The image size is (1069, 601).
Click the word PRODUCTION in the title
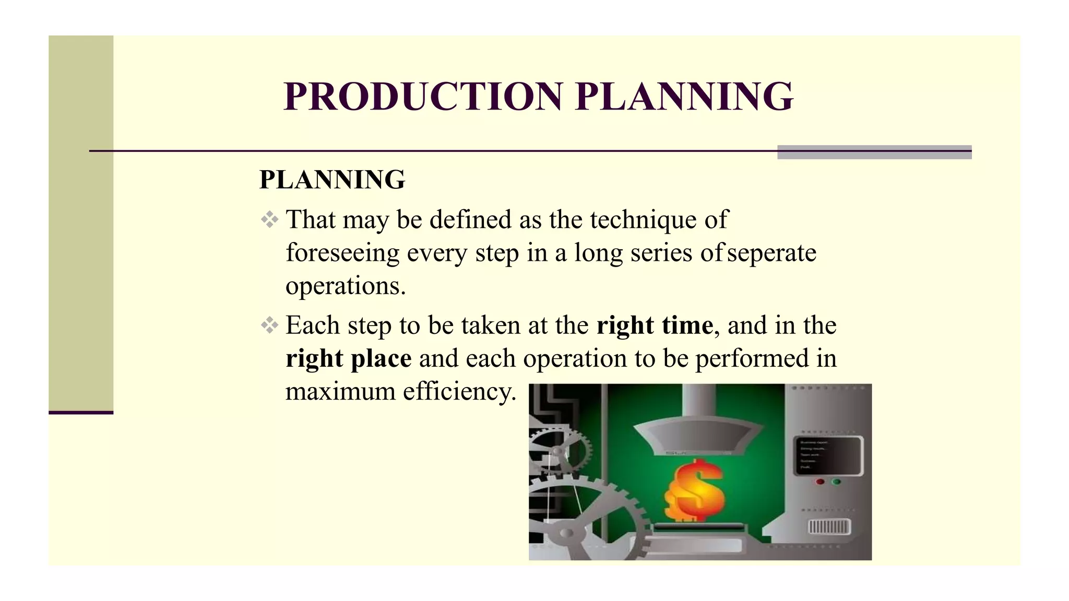click(423, 97)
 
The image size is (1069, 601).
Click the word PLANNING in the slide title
click(684, 97)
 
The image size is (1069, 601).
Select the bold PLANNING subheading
click(332, 180)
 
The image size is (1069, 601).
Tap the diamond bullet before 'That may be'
click(269, 220)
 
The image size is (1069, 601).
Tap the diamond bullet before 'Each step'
click(269, 326)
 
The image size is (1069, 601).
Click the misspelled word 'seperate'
click(772, 254)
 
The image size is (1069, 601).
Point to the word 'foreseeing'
click(342, 254)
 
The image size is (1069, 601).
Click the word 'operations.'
click(346, 286)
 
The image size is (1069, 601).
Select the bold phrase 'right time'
click(655, 326)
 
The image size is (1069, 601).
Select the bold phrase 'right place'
click(349, 359)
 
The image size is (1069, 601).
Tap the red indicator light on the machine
click(820, 482)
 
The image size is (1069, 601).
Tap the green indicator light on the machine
click(836, 482)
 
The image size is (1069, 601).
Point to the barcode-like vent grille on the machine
click(829, 527)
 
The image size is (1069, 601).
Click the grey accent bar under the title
click(874, 152)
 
